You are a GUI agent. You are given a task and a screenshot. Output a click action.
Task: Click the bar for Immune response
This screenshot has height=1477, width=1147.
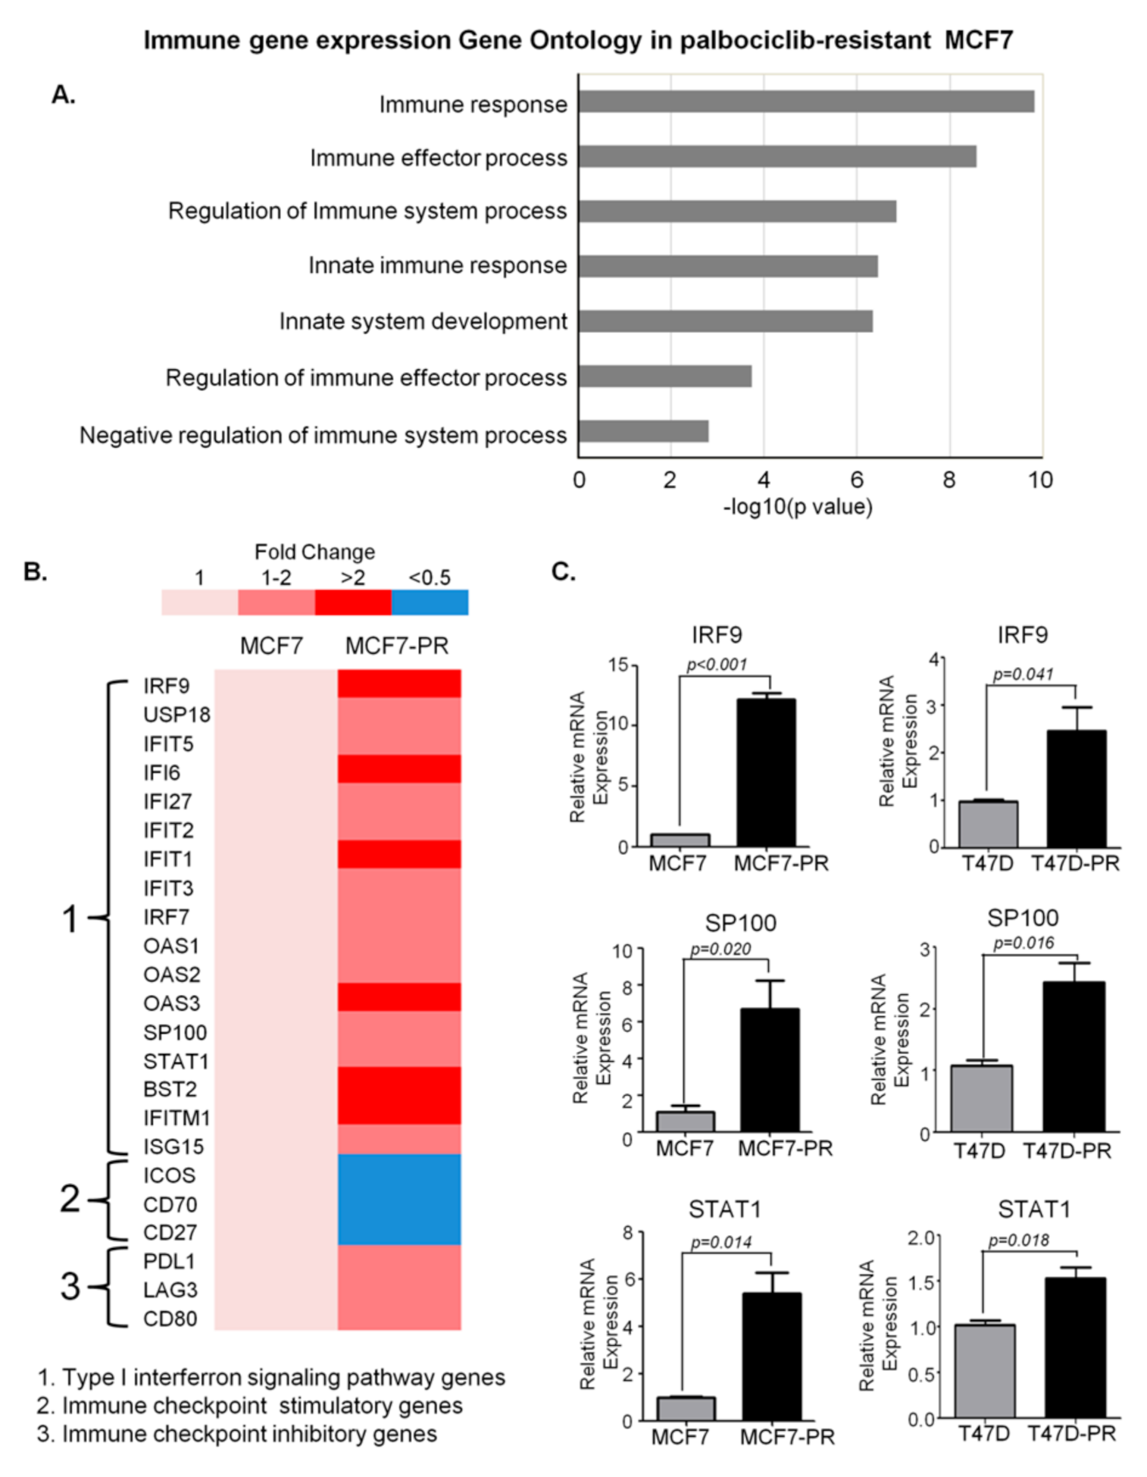coord(806,102)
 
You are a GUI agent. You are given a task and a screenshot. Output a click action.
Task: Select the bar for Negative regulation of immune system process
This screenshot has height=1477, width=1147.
coord(643,431)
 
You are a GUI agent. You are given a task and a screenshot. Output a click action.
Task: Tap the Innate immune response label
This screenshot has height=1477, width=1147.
coord(437,266)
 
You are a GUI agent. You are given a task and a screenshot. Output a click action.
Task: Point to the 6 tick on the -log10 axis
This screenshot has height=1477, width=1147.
coord(856,480)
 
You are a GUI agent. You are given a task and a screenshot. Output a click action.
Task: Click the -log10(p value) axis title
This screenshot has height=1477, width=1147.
coord(798,506)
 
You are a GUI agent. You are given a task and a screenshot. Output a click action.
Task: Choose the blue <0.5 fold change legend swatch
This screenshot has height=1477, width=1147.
coord(430,602)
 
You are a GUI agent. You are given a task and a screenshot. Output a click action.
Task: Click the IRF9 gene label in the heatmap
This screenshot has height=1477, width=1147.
coord(166,686)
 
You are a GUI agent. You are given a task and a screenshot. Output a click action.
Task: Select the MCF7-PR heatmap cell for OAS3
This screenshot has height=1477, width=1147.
coord(399,997)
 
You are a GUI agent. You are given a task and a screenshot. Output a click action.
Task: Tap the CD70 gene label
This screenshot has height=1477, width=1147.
coord(170,1204)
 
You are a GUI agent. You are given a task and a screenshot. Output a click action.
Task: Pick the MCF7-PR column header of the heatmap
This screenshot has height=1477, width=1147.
coord(397,646)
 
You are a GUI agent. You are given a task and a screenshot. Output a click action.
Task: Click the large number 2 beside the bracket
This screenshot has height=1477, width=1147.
coord(70,1199)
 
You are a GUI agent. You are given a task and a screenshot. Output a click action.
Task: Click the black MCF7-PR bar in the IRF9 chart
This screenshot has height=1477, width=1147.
coord(766,772)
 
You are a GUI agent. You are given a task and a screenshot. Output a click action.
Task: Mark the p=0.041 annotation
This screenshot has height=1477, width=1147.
coord(1022,674)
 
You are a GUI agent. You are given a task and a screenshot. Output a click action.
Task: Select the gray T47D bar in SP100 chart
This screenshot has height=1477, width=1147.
coord(981,1098)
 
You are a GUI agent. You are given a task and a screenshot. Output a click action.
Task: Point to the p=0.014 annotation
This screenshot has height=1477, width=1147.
coord(720,1242)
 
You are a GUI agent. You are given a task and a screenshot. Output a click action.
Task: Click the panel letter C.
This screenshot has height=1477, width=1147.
coord(563,571)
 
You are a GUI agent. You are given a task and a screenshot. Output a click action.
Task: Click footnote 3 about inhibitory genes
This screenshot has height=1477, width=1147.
coord(237,1434)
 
